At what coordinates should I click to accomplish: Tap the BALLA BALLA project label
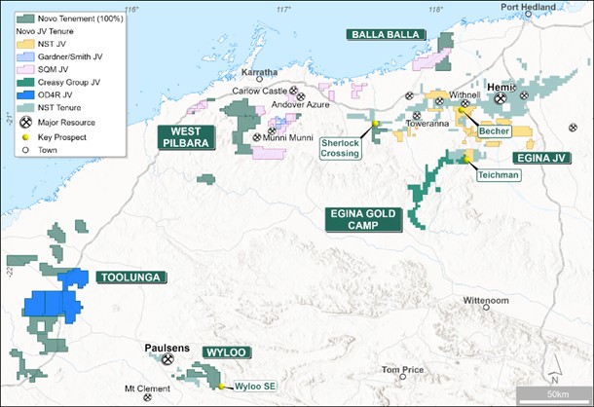[x=388, y=34]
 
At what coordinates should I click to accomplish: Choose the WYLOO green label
[x=227, y=351]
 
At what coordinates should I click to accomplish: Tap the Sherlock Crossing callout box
[x=342, y=146]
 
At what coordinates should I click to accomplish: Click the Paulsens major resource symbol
[x=167, y=358]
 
